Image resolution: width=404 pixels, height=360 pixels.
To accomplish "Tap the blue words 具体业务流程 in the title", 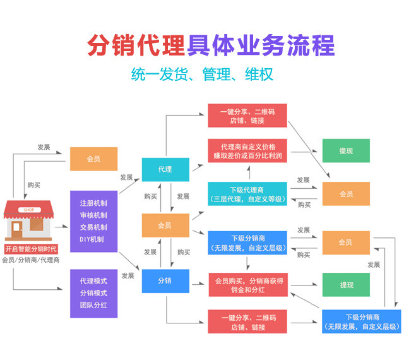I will (261, 45).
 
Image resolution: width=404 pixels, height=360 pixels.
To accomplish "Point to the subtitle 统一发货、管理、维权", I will (202, 74).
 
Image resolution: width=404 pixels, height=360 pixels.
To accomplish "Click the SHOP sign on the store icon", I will (30, 209).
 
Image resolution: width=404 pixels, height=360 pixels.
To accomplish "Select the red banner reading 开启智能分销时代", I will (30, 248).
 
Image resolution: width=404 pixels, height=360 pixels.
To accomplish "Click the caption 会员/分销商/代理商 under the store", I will (30, 260).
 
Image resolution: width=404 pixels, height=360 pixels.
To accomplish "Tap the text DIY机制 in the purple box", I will (93, 239).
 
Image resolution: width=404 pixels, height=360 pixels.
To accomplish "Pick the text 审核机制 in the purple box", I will (93, 215).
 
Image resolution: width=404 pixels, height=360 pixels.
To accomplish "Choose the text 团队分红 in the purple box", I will (93, 306).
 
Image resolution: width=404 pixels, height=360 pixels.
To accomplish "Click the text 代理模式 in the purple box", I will (93, 280).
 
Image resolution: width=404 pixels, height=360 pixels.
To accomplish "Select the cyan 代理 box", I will (165, 169).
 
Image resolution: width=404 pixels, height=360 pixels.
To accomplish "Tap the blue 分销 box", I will (165, 280).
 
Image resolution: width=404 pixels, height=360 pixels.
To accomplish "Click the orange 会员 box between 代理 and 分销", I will (165, 225).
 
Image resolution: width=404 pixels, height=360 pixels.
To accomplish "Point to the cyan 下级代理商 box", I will (247, 194).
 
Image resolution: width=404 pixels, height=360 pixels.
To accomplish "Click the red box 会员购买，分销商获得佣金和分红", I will (247, 285).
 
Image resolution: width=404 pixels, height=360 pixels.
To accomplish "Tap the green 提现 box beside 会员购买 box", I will (346, 285).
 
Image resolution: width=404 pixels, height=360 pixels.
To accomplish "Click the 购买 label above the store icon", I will (34, 185).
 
